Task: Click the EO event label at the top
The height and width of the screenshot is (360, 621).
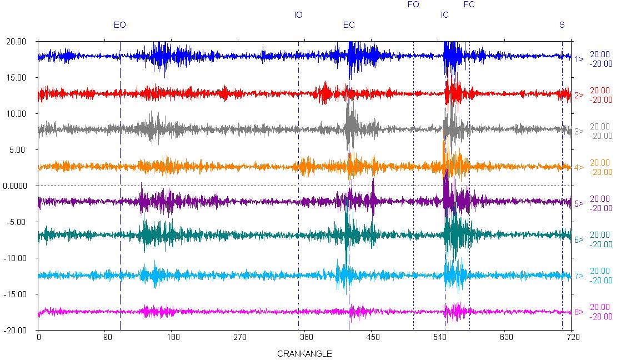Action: click(x=119, y=25)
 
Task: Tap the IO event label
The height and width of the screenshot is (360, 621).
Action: click(x=298, y=15)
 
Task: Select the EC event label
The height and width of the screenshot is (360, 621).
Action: click(x=349, y=25)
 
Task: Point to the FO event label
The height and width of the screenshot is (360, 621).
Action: click(x=413, y=4)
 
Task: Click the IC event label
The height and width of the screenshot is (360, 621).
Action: click(x=444, y=15)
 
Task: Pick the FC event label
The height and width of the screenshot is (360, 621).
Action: click(x=469, y=4)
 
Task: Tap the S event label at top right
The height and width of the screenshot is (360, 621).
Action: click(x=562, y=25)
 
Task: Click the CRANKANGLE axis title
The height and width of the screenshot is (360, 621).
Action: click(x=304, y=353)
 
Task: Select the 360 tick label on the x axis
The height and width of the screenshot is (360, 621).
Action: click(x=306, y=337)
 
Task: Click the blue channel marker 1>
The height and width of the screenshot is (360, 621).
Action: click(x=579, y=59)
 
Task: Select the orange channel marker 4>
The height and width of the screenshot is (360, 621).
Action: click(x=579, y=168)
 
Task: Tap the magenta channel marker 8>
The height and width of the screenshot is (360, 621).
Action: click(x=579, y=312)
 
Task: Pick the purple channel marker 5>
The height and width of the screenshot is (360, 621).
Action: click(x=579, y=204)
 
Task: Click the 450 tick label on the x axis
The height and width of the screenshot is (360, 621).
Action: click(x=372, y=337)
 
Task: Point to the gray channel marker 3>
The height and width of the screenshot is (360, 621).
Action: click(x=579, y=132)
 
